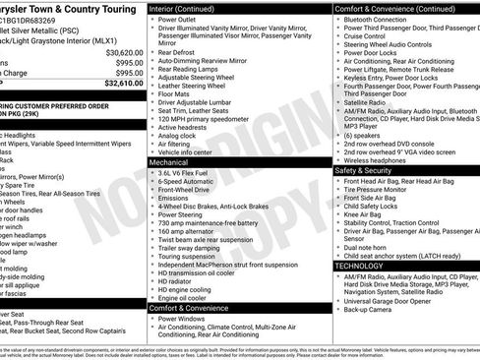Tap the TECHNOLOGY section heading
click(x=359, y=266)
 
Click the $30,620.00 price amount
click(x=118, y=51)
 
